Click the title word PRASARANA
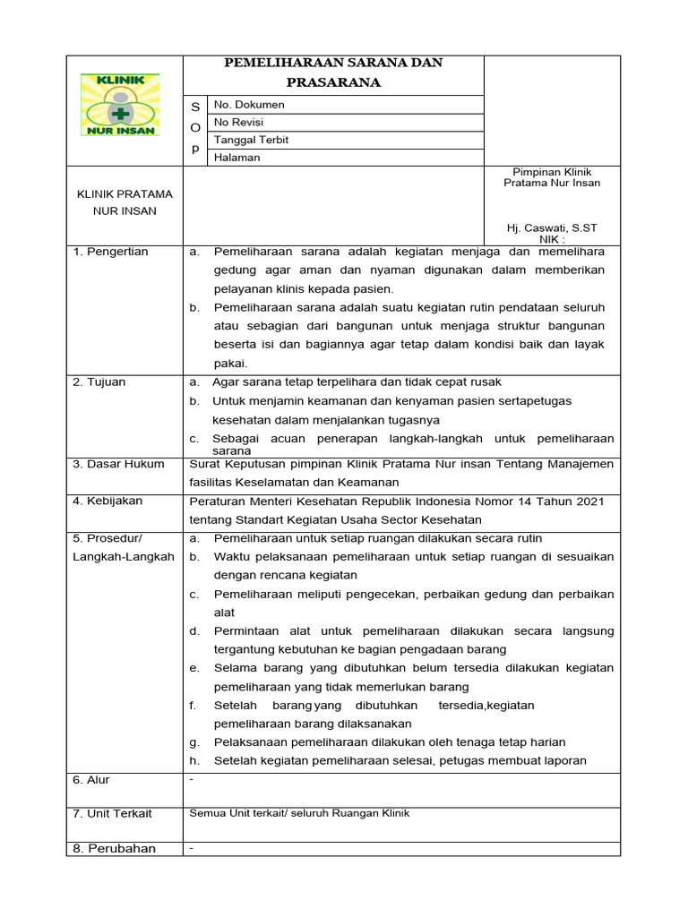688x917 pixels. (333, 82)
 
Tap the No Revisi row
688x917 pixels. (238, 122)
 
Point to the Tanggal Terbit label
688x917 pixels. (251, 140)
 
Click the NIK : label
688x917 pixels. (552, 240)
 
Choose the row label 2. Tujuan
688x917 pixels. (99, 382)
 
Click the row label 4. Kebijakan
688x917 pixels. (107, 501)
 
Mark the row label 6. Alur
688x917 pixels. (90, 780)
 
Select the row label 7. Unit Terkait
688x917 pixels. (112, 813)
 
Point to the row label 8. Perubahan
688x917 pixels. (114, 848)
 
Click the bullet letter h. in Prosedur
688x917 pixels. (194, 760)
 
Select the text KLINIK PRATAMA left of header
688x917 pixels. (125, 194)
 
